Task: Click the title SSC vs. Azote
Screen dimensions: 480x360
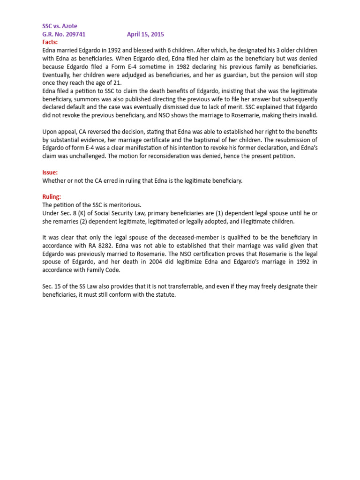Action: [60, 26]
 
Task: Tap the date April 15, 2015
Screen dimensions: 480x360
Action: [145, 34]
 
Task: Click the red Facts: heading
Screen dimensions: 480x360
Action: [50, 42]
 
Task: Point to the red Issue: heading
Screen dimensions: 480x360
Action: [50, 172]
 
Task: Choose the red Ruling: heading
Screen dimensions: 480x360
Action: [52, 197]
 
